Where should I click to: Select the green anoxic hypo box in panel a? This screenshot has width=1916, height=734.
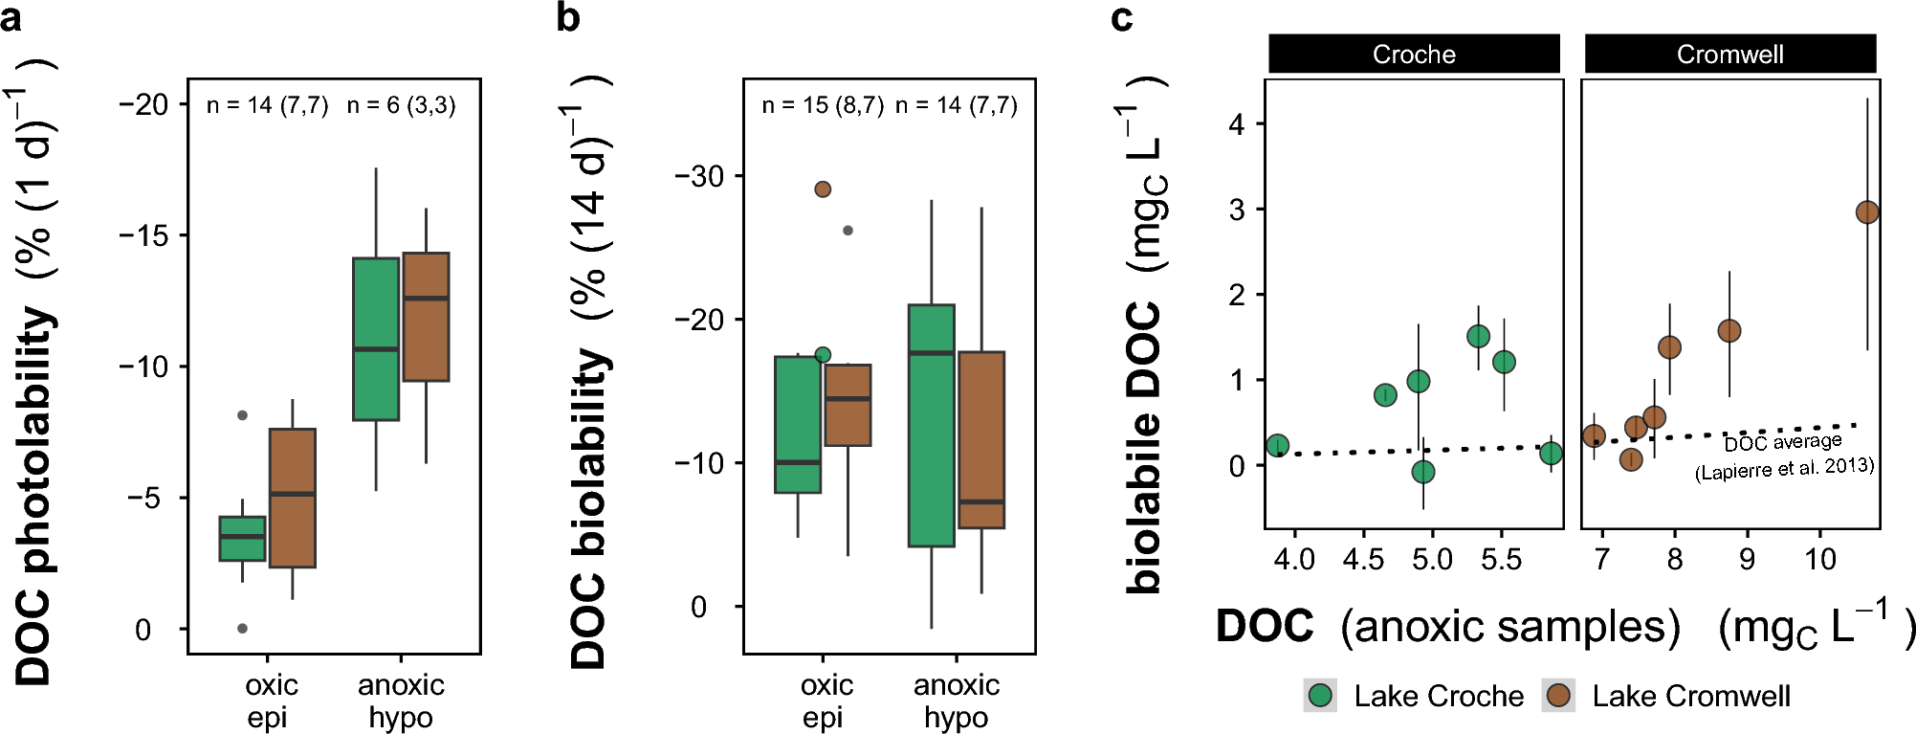point(376,339)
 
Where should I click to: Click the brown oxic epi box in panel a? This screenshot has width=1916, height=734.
point(293,498)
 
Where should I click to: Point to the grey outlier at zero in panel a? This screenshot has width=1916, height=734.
point(242,629)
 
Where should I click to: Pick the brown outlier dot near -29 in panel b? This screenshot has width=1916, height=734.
point(823,189)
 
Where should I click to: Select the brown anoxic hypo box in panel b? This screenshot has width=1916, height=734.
point(981,440)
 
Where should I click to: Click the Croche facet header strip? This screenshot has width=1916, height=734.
point(1414,54)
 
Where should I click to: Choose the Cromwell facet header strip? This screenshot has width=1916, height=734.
point(1729,54)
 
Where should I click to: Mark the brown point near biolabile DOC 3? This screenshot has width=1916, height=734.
point(1866,212)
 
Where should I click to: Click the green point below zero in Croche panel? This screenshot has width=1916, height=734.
point(1423,472)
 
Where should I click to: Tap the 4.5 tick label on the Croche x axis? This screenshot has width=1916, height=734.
point(1363,559)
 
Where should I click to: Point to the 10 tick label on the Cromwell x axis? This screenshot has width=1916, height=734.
point(1819,559)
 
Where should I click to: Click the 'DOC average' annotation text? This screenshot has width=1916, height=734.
point(1783,442)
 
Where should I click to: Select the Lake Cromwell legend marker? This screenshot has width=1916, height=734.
point(1559,696)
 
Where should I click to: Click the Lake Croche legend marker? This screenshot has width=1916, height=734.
point(1321,696)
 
